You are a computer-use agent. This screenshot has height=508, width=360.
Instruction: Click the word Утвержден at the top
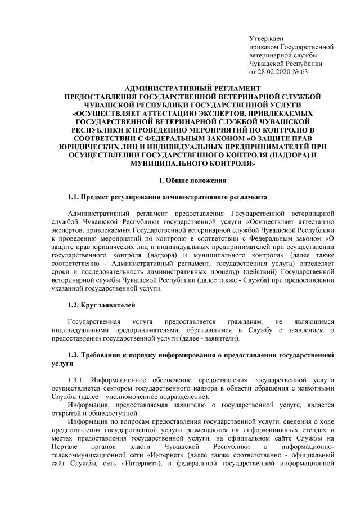pyautogui.click(x=266, y=38)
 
